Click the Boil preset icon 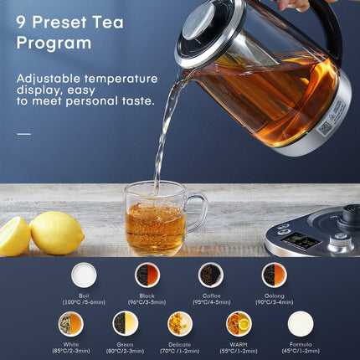[84, 274]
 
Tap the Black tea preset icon [147, 274]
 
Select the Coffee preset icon [211, 274]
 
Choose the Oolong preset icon [275, 274]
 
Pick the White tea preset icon [70, 323]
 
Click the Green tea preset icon [126, 323]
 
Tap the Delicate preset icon [180, 323]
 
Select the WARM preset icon [238, 323]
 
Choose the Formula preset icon [300, 323]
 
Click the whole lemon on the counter [57, 232]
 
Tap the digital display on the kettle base [302, 242]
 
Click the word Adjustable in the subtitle [53, 79]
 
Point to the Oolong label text [274, 296]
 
